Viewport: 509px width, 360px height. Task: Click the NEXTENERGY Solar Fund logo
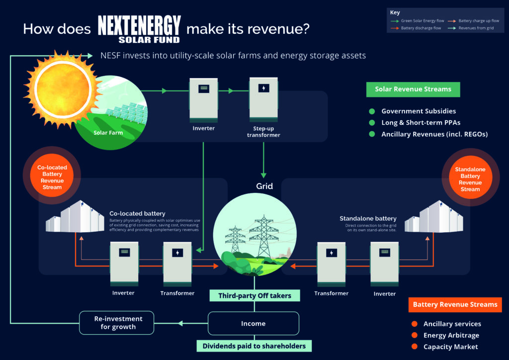(139, 29)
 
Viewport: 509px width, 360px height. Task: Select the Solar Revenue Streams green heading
(413, 90)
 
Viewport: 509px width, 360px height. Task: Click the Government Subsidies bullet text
(418, 111)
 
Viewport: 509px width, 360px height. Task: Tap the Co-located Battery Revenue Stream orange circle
(52, 178)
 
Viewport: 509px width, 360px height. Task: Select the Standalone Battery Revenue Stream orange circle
(470, 179)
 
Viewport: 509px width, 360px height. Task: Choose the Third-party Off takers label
(254, 296)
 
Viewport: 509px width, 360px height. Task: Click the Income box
(253, 323)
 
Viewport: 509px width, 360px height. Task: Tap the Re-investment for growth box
(117, 323)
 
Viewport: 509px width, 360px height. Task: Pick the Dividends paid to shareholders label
(254, 346)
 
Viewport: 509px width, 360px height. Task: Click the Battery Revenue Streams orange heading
(455, 304)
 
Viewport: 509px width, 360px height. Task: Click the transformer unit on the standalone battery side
(331, 264)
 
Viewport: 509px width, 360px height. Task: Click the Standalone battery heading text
(368, 218)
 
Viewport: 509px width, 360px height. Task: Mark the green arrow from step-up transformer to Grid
(263, 159)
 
